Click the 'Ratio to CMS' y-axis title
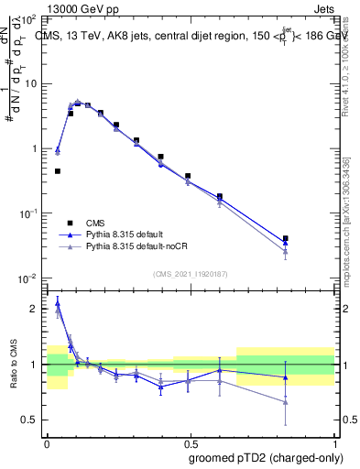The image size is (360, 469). (15, 366)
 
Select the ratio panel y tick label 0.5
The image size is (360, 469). (31, 420)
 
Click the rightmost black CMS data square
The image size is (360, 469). (286, 238)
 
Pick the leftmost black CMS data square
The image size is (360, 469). (58, 171)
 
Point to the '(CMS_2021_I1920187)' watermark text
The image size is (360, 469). (190, 274)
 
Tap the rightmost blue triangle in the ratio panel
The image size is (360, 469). (286, 377)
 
